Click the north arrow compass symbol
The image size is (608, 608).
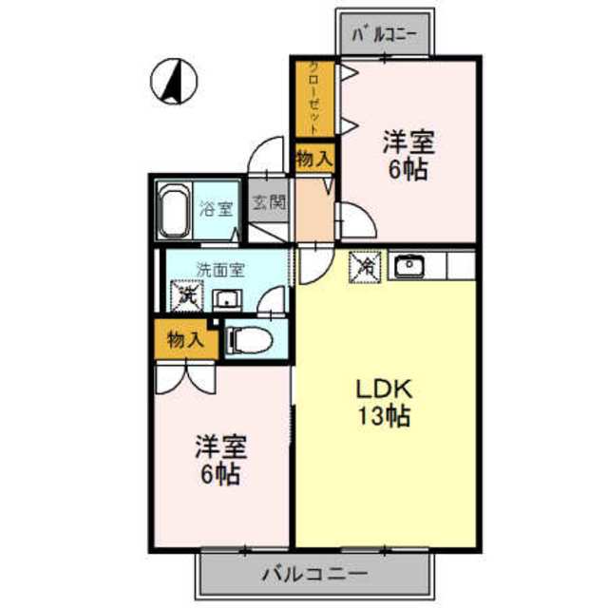(x=174, y=82)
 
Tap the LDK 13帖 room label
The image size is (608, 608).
(x=384, y=403)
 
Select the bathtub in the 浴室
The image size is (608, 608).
(x=174, y=210)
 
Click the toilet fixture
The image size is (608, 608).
(x=249, y=340)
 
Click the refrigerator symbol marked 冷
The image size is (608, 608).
(x=365, y=267)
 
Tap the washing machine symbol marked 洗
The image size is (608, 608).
(x=187, y=295)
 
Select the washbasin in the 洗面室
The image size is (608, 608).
(x=227, y=300)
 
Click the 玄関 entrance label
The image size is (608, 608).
(x=269, y=202)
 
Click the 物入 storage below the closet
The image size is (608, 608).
(x=314, y=158)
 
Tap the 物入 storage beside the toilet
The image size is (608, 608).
(x=185, y=340)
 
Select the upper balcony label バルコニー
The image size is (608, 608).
(x=384, y=34)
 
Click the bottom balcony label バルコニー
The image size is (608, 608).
(x=314, y=574)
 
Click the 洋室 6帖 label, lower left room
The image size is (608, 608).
(x=220, y=460)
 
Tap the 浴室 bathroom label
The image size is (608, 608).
(x=217, y=210)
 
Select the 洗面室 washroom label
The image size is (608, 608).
(x=220, y=270)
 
